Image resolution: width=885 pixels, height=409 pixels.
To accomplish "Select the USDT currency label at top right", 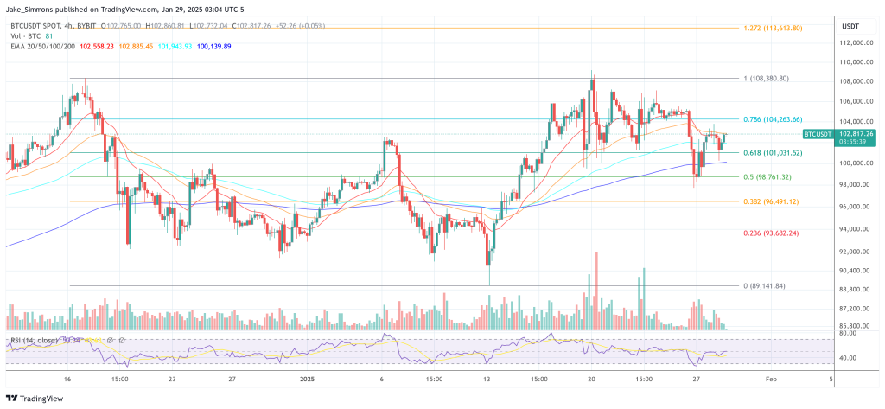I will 851,26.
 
